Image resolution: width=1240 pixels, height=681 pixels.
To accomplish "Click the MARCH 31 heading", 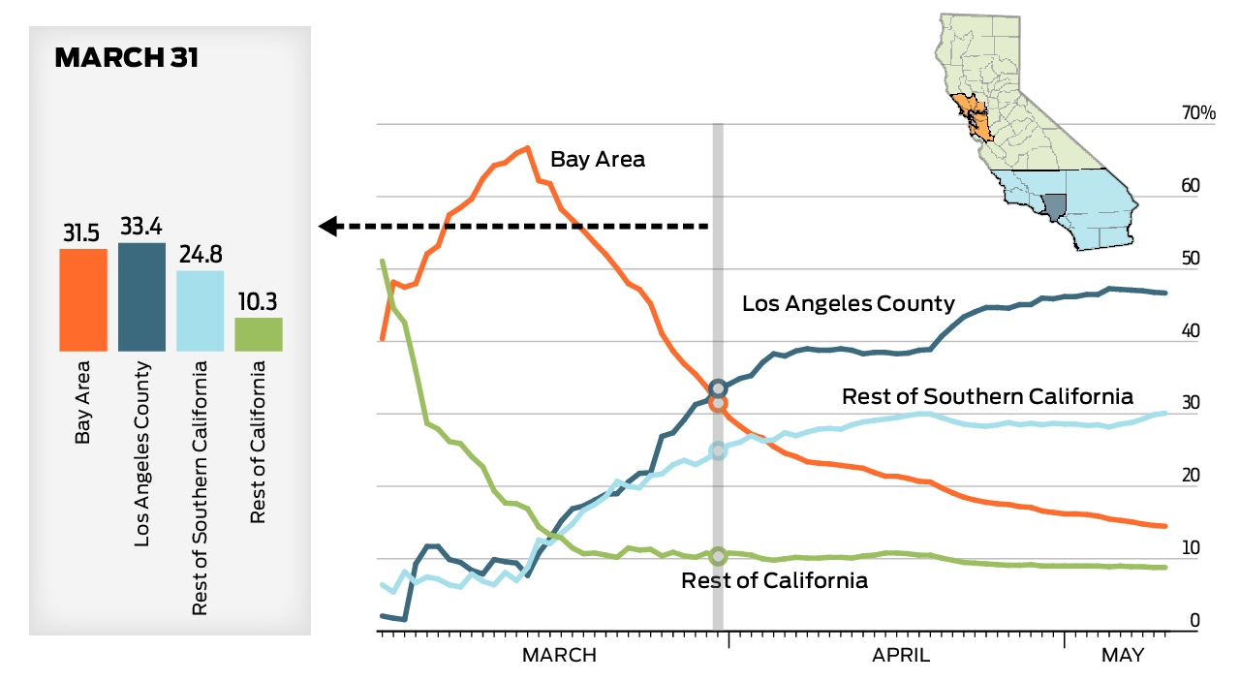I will pyautogui.click(x=127, y=58).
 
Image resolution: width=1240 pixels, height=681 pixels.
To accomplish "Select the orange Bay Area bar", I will pyautogui.click(x=83, y=299).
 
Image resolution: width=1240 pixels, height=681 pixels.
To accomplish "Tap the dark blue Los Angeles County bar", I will pyautogui.click(x=141, y=296).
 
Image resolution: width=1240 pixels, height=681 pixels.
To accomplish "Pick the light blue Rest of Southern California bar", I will pyautogui.click(x=201, y=310).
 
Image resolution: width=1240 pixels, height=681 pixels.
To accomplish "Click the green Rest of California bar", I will pyautogui.click(x=259, y=333).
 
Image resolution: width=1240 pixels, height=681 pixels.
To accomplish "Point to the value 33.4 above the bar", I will pyautogui.click(x=141, y=228).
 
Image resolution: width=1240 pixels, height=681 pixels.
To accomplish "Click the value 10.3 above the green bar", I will pyautogui.click(x=259, y=302).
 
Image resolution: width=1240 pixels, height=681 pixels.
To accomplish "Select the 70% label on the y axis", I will pyautogui.click(x=1197, y=114).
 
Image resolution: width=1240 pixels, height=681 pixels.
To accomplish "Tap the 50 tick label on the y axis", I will pyautogui.click(x=1191, y=260).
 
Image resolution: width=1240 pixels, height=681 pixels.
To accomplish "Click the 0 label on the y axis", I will pyautogui.click(x=1194, y=621).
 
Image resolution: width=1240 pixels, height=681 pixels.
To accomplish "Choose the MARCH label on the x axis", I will pyautogui.click(x=559, y=656).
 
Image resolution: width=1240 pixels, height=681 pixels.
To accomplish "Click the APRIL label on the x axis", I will pyautogui.click(x=901, y=656).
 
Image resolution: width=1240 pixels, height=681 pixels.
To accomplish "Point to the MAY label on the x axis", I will pyautogui.click(x=1122, y=656).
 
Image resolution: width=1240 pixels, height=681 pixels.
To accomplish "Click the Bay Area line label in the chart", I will pyautogui.click(x=597, y=160).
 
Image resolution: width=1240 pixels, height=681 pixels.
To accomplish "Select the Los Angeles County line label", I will pyautogui.click(x=848, y=304).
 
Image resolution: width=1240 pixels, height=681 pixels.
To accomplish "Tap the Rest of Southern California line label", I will pyautogui.click(x=987, y=396).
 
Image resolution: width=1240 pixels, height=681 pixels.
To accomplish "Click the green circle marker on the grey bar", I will pyautogui.click(x=718, y=556).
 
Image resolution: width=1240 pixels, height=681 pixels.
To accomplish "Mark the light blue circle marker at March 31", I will pyautogui.click(x=718, y=450).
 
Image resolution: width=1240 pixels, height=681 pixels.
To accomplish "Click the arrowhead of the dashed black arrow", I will pyautogui.click(x=328, y=227).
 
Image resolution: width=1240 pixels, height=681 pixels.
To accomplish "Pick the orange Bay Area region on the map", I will pyautogui.click(x=974, y=119).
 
